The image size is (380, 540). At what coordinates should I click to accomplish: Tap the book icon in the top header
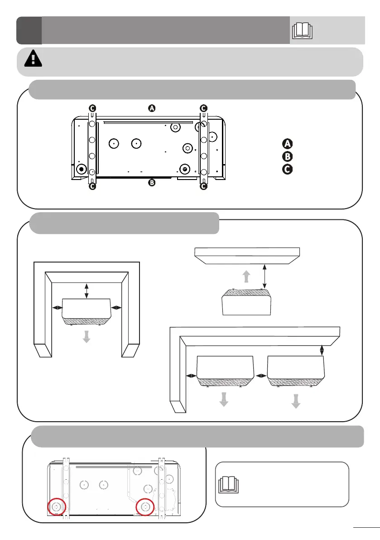click(303, 30)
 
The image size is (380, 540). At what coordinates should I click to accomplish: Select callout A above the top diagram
click(152, 108)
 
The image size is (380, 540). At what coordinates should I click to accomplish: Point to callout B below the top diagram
click(152, 183)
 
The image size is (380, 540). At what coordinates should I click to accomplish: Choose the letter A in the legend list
click(287, 144)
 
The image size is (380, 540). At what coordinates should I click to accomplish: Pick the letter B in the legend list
click(287, 157)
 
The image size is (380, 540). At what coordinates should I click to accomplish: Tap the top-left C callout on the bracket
click(92, 108)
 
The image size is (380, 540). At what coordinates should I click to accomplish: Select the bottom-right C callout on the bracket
click(203, 186)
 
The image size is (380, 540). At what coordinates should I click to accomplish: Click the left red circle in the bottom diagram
click(57, 506)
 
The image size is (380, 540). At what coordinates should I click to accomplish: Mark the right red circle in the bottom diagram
click(146, 506)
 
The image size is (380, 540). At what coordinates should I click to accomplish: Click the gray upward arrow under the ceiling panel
click(246, 277)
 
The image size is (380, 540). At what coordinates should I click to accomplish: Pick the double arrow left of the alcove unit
click(58, 307)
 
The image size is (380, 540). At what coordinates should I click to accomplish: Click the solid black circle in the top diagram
click(82, 169)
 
